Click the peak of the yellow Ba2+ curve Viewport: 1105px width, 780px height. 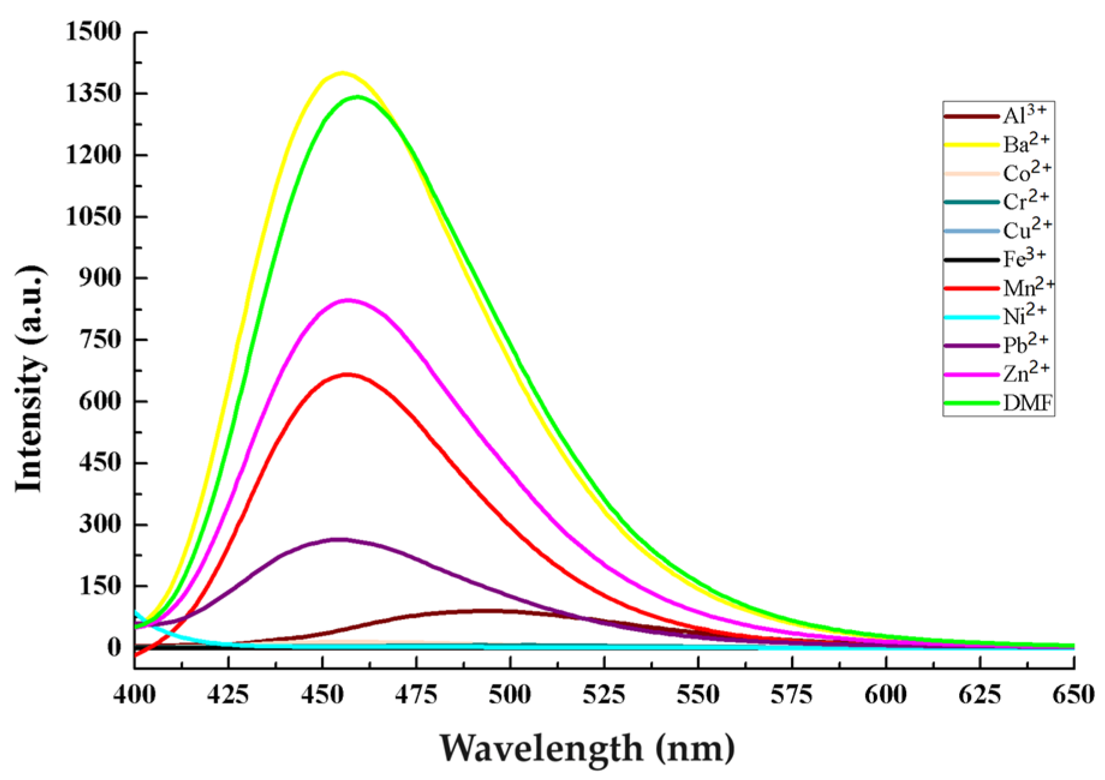point(342,73)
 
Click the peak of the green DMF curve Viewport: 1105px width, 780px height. point(358,97)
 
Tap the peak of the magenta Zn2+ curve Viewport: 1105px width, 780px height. point(348,300)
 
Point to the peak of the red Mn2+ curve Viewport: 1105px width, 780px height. point(347,374)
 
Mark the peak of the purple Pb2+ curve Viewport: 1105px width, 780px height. point(339,539)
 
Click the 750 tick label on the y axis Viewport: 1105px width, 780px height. point(100,340)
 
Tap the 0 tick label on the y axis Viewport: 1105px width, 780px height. point(114,647)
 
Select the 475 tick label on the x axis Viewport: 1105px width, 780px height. point(416,695)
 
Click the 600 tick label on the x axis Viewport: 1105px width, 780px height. point(886,695)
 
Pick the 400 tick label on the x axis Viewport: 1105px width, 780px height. point(135,695)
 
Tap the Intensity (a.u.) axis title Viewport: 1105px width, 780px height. point(30,378)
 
